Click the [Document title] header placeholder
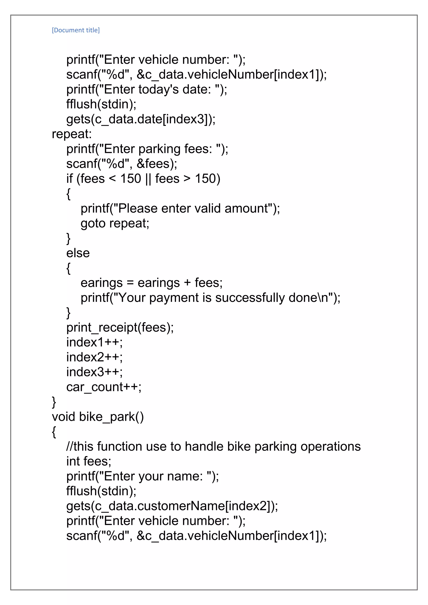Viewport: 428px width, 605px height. (76, 30)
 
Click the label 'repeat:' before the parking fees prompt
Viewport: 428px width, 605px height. (72, 134)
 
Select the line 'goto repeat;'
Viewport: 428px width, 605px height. (115, 224)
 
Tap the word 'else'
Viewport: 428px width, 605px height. (78, 253)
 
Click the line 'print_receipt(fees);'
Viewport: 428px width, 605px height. (120, 328)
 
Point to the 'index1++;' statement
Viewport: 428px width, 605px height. (94, 343)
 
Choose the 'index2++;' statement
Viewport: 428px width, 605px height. (94, 357)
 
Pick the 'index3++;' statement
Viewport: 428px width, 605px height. (94, 372)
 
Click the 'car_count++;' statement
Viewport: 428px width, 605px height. (104, 387)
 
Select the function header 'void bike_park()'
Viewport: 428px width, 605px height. (98, 417)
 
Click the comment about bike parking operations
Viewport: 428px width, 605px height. (213, 447)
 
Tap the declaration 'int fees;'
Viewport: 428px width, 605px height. (89, 461)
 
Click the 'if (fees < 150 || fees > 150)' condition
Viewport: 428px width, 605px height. (143, 179)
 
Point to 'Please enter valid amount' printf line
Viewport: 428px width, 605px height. (180, 208)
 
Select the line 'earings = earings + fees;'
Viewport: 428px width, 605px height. (152, 283)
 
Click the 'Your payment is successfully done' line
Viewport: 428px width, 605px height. (210, 298)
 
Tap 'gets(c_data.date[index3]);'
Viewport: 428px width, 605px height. (141, 119)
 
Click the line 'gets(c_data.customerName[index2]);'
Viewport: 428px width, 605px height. (172, 506)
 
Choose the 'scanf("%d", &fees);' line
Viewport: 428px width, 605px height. (121, 164)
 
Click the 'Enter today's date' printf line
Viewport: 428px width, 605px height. (146, 89)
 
